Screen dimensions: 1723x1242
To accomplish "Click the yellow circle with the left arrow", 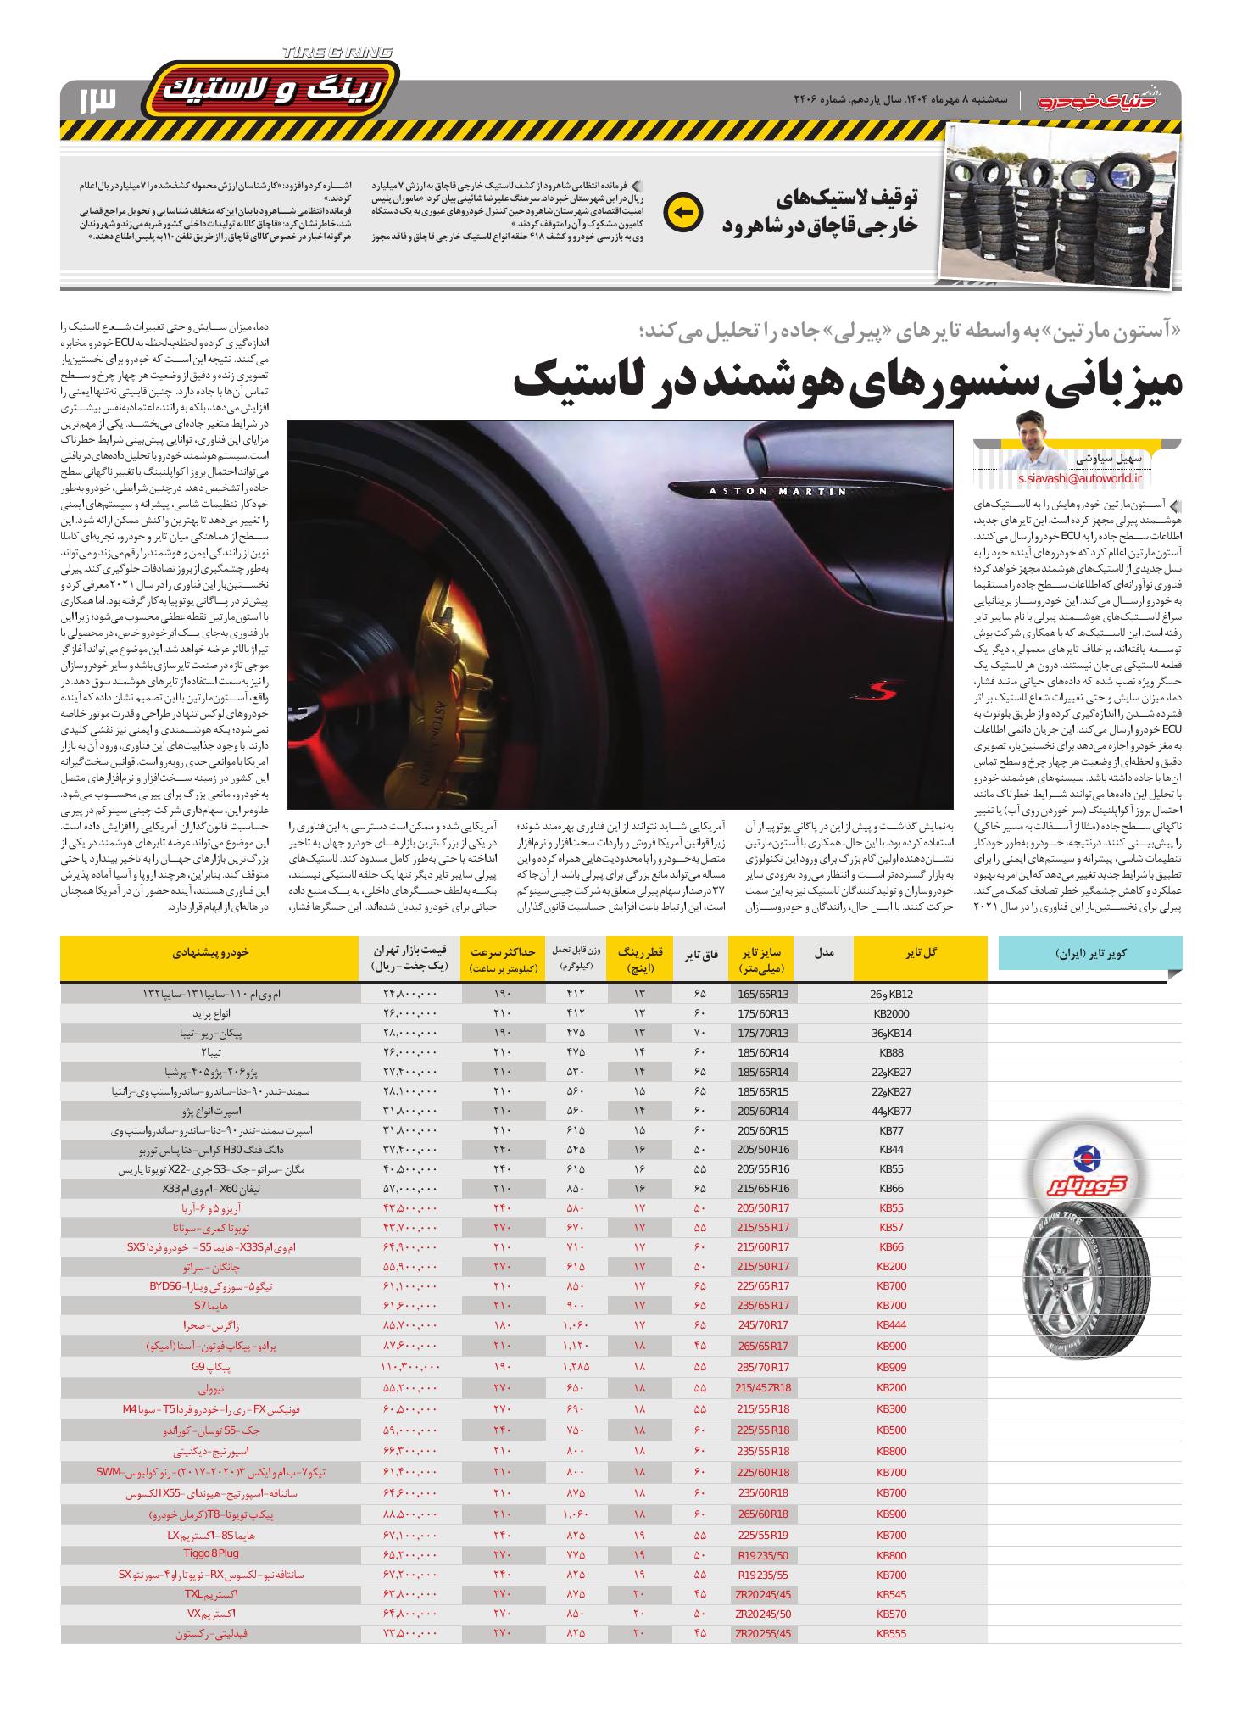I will coord(683,212).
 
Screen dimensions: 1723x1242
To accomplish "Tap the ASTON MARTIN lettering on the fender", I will coord(779,491).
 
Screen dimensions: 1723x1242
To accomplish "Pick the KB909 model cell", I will coord(891,1391).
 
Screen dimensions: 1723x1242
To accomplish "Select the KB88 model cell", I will coord(891,1053).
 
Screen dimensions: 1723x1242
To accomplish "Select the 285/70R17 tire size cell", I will coord(763,1391).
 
